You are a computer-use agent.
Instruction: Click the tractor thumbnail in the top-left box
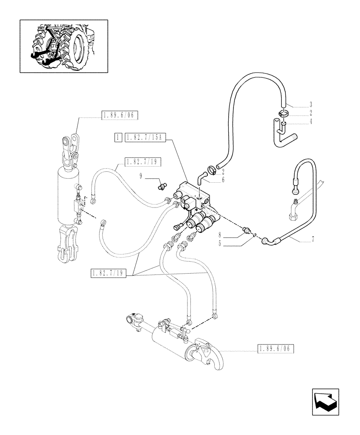[x=63, y=46]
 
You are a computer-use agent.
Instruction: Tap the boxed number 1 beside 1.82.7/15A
[x=118, y=138]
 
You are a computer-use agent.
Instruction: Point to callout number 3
[x=311, y=105]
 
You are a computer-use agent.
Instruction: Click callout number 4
[x=311, y=123]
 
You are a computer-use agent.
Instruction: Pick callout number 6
[x=223, y=180]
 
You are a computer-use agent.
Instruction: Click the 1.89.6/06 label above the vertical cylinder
[x=119, y=115]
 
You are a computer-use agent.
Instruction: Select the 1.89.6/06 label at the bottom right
[x=276, y=349]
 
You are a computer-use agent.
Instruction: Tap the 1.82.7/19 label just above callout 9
[x=143, y=162]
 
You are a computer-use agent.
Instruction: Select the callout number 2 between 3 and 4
[x=311, y=114]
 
